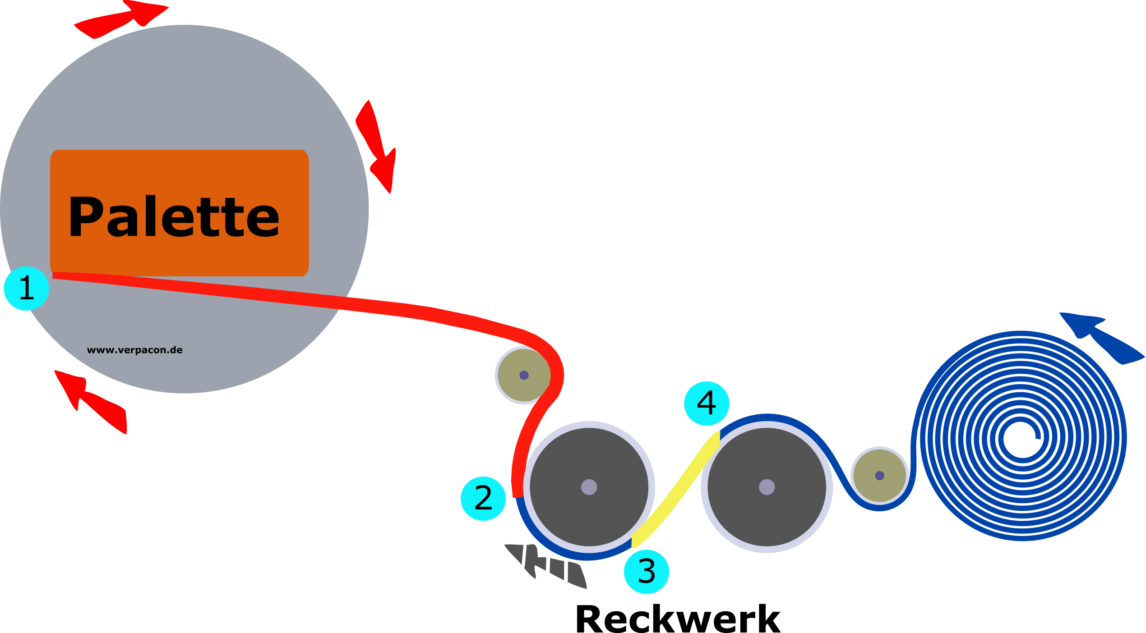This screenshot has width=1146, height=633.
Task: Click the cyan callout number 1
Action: pyautogui.click(x=26, y=289)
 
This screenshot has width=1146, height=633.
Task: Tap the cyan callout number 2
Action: pyautogui.click(x=483, y=499)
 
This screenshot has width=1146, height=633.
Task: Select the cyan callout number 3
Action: pyautogui.click(x=646, y=571)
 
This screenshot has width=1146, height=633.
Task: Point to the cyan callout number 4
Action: pyautogui.click(x=707, y=403)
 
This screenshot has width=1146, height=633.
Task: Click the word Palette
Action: pyautogui.click(x=174, y=217)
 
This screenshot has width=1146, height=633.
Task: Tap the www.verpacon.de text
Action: pyautogui.click(x=134, y=350)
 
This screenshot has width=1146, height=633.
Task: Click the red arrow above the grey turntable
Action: pyautogui.click(x=122, y=19)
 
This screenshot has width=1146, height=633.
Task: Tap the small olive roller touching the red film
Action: pyautogui.click(x=523, y=375)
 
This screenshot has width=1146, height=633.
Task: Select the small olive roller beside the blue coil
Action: pyautogui.click(x=879, y=476)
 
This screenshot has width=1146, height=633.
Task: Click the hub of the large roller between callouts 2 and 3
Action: pyautogui.click(x=589, y=487)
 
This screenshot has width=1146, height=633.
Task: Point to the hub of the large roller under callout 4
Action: pyautogui.click(x=767, y=487)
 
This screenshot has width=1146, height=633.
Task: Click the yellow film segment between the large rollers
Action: pyautogui.click(x=677, y=491)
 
